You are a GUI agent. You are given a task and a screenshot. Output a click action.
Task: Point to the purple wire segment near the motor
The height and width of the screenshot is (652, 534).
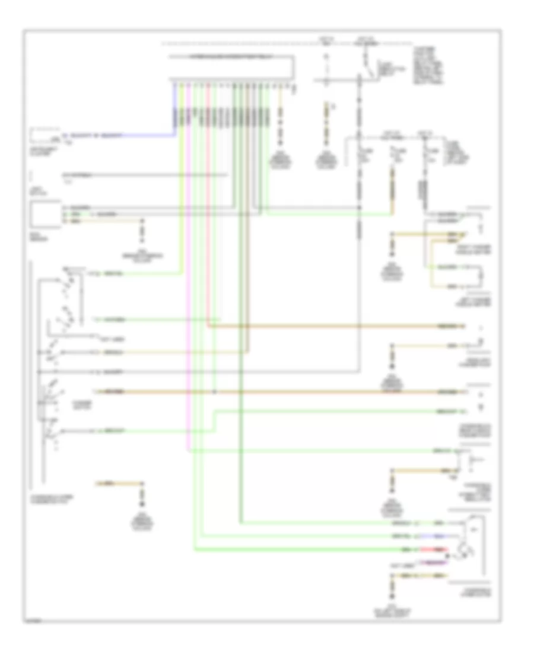[436, 560]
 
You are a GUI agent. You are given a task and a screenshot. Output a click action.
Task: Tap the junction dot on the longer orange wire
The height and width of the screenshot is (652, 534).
[214, 392]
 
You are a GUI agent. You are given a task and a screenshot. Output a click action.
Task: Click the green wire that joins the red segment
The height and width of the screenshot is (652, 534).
[297, 549]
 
